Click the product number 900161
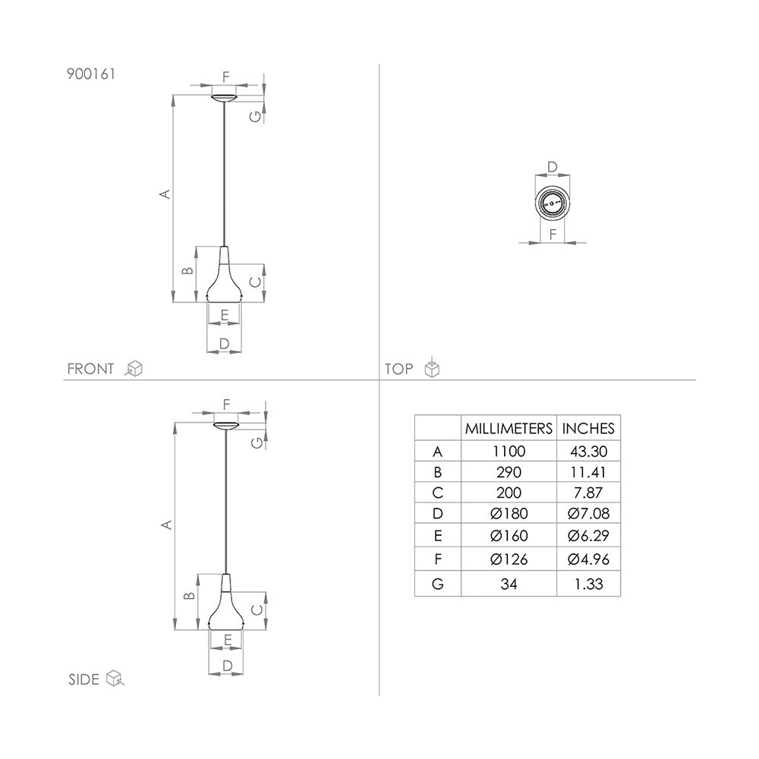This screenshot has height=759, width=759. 91,74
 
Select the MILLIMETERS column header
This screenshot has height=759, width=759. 509,428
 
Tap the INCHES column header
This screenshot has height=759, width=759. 588,428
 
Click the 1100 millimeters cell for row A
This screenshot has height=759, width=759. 509,451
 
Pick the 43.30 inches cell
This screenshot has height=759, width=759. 589,451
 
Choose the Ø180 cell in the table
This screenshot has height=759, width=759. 509,513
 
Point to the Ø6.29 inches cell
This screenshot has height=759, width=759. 589,535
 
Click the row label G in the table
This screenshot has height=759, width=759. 438,584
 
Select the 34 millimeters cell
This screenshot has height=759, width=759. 509,584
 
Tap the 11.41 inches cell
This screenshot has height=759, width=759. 589,472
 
